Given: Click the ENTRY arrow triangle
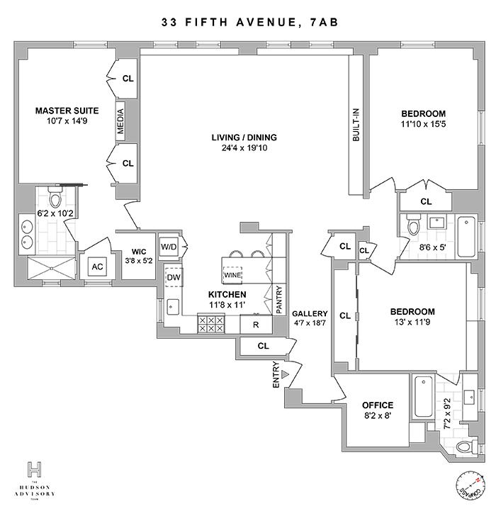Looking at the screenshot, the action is pyautogui.click(x=285, y=374).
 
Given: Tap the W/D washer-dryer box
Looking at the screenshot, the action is pyautogui.click(x=169, y=247).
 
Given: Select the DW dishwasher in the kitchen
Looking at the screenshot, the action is pyautogui.click(x=174, y=277).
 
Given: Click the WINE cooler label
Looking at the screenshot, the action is pyautogui.click(x=232, y=275).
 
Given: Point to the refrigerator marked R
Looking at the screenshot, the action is pyautogui.click(x=256, y=325).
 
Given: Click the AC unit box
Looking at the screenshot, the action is pyautogui.click(x=97, y=267).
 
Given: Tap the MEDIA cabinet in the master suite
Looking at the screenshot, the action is pyautogui.click(x=120, y=121).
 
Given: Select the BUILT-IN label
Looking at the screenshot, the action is pyautogui.click(x=356, y=125).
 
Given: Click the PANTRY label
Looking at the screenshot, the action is pyautogui.click(x=279, y=300).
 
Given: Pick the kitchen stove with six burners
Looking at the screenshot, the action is pyautogui.click(x=211, y=324).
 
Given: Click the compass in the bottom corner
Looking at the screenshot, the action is pyautogui.click(x=470, y=486).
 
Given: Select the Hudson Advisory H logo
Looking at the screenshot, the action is pyautogui.click(x=35, y=470).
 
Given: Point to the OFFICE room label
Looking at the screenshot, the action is pyautogui.click(x=378, y=405).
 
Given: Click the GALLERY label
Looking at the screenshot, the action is pyautogui.click(x=310, y=313).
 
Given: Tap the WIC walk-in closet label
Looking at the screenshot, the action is pyautogui.click(x=139, y=252).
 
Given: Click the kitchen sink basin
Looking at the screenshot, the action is pyautogui.click(x=173, y=307).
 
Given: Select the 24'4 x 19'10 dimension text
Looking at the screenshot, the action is pyautogui.click(x=244, y=148).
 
